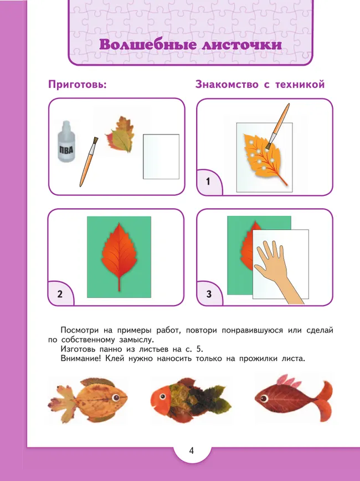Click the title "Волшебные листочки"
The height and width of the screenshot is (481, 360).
tap(190, 45)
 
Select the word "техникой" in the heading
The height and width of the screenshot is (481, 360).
tap(300, 85)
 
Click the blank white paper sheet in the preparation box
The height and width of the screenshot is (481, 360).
tap(161, 156)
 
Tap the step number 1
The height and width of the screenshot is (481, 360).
tap(208, 182)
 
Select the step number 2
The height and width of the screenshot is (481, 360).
tap(60, 294)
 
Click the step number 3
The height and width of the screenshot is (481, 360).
tap(209, 294)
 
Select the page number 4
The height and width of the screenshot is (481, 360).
tap(191, 450)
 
